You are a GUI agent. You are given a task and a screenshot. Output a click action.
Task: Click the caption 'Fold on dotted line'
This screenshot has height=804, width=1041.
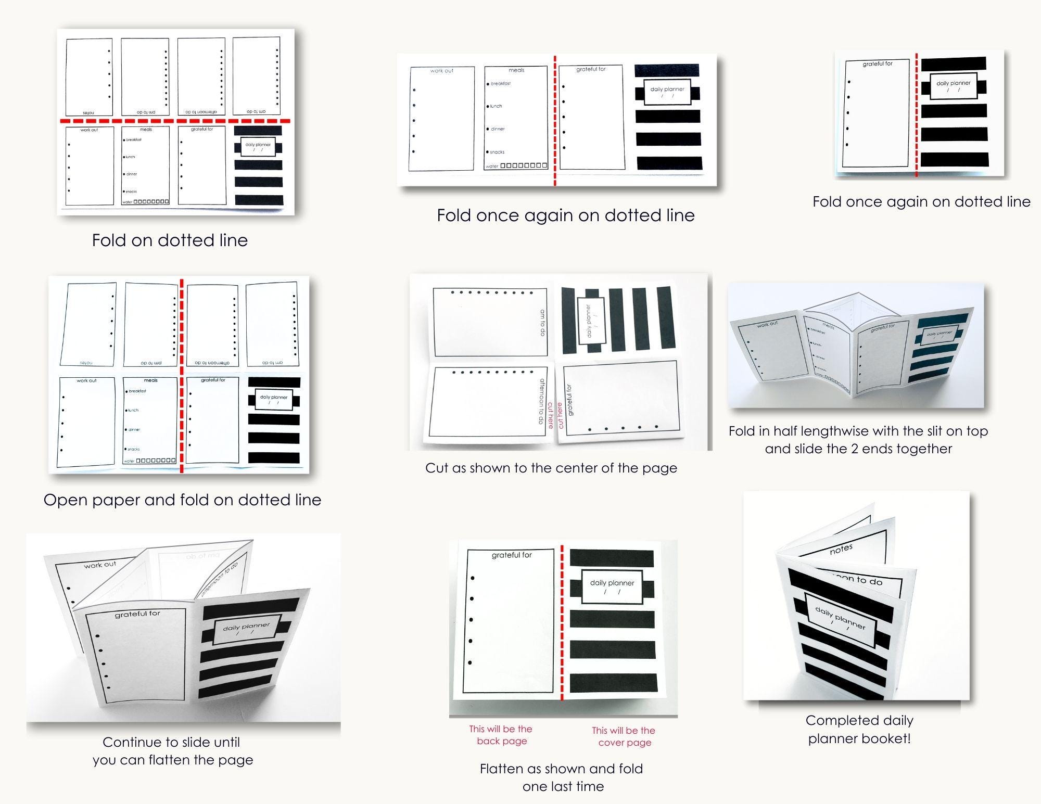pos(170,240)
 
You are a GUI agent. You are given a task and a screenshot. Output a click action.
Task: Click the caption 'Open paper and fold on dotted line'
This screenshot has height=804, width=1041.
pos(182,500)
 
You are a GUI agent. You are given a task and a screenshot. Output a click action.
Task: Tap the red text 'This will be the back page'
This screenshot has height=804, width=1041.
pos(501,735)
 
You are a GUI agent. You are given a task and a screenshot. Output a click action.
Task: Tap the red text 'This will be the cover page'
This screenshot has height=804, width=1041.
pos(624,736)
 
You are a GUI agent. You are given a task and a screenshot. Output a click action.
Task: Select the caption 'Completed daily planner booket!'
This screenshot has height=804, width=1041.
pos(859,729)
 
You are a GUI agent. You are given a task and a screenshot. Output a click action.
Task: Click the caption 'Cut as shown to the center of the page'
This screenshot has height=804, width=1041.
pos(551,468)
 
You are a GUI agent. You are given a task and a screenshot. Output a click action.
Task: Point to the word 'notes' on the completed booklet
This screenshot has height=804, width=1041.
pos(841,550)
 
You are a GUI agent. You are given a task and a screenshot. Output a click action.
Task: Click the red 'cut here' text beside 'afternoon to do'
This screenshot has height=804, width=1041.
pos(550,415)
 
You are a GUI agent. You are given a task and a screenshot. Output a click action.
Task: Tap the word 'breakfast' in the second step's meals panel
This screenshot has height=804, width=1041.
pos(500,84)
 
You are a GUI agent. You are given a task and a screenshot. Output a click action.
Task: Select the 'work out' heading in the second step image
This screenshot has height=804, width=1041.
pos(441,71)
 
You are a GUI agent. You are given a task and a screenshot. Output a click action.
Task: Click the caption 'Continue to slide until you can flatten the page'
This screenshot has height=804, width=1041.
pos(172,751)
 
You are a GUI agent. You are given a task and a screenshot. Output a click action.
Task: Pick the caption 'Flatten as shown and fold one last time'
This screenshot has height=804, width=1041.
pos(562,777)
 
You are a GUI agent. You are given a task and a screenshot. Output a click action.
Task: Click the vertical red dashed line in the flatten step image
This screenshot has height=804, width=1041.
pos(562,624)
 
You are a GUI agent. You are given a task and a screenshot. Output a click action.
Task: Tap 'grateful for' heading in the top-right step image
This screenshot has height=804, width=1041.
pos(878,64)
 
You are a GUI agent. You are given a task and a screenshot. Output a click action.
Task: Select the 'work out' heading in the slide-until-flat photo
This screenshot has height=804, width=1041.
pos(100,565)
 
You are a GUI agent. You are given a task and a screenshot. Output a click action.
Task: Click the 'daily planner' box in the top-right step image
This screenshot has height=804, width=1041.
pos(953,86)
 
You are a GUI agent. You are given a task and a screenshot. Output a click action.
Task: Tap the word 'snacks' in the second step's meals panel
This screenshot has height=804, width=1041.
pos(497,152)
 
